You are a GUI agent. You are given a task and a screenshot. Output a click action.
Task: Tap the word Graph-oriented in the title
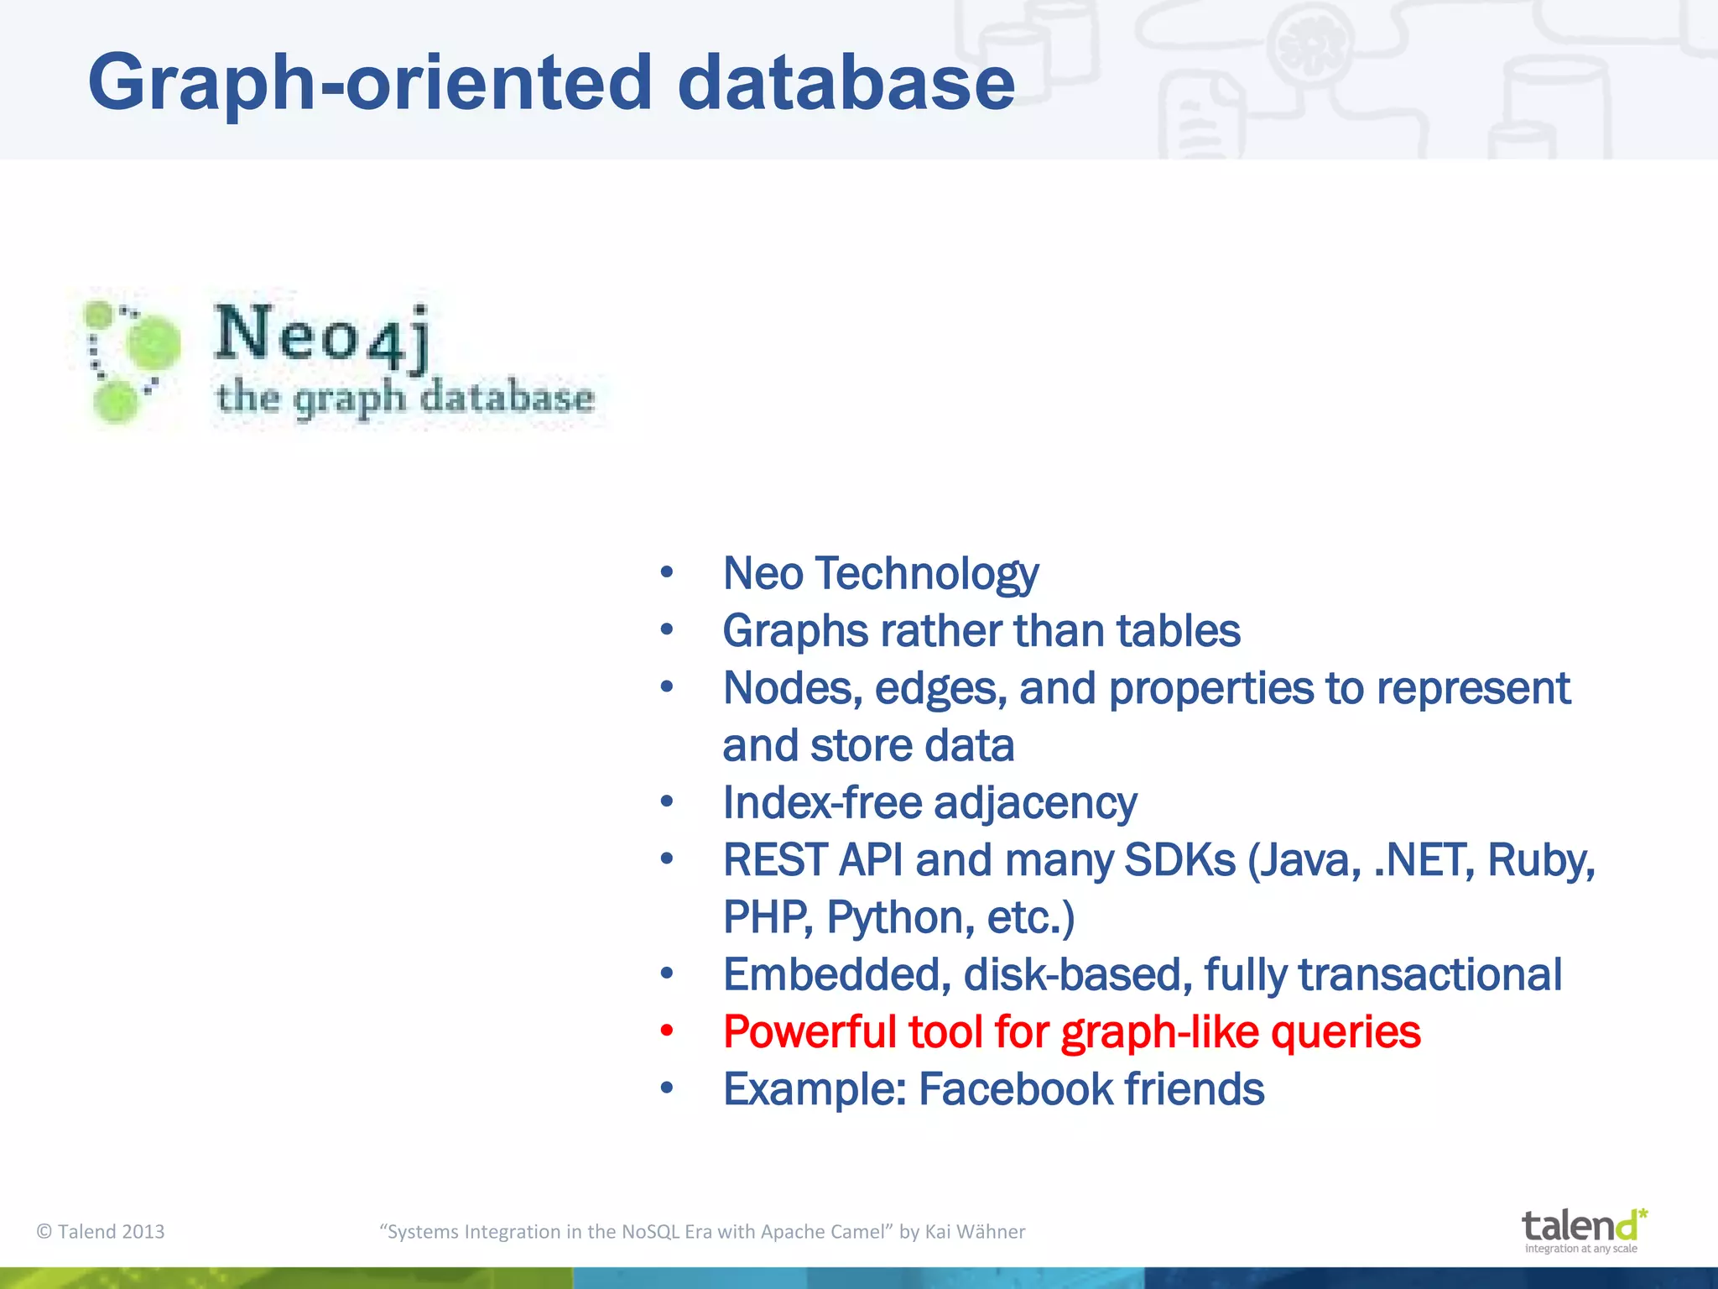pos(369,82)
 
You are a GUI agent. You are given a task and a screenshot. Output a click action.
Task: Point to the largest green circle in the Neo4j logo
pos(154,342)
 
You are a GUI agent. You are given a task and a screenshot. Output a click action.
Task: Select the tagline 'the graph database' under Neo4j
pos(405,398)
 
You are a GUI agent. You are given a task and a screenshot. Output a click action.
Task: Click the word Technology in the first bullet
pos(927,575)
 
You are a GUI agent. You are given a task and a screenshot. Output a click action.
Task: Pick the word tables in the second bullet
pos(1178,631)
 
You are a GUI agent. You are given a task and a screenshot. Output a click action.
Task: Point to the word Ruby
pos(1540,860)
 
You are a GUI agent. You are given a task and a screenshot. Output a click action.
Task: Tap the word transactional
pos(1429,975)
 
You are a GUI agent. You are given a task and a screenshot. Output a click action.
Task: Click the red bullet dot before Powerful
pos(667,1031)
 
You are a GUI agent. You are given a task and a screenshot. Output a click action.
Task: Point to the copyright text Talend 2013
pos(102,1232)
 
